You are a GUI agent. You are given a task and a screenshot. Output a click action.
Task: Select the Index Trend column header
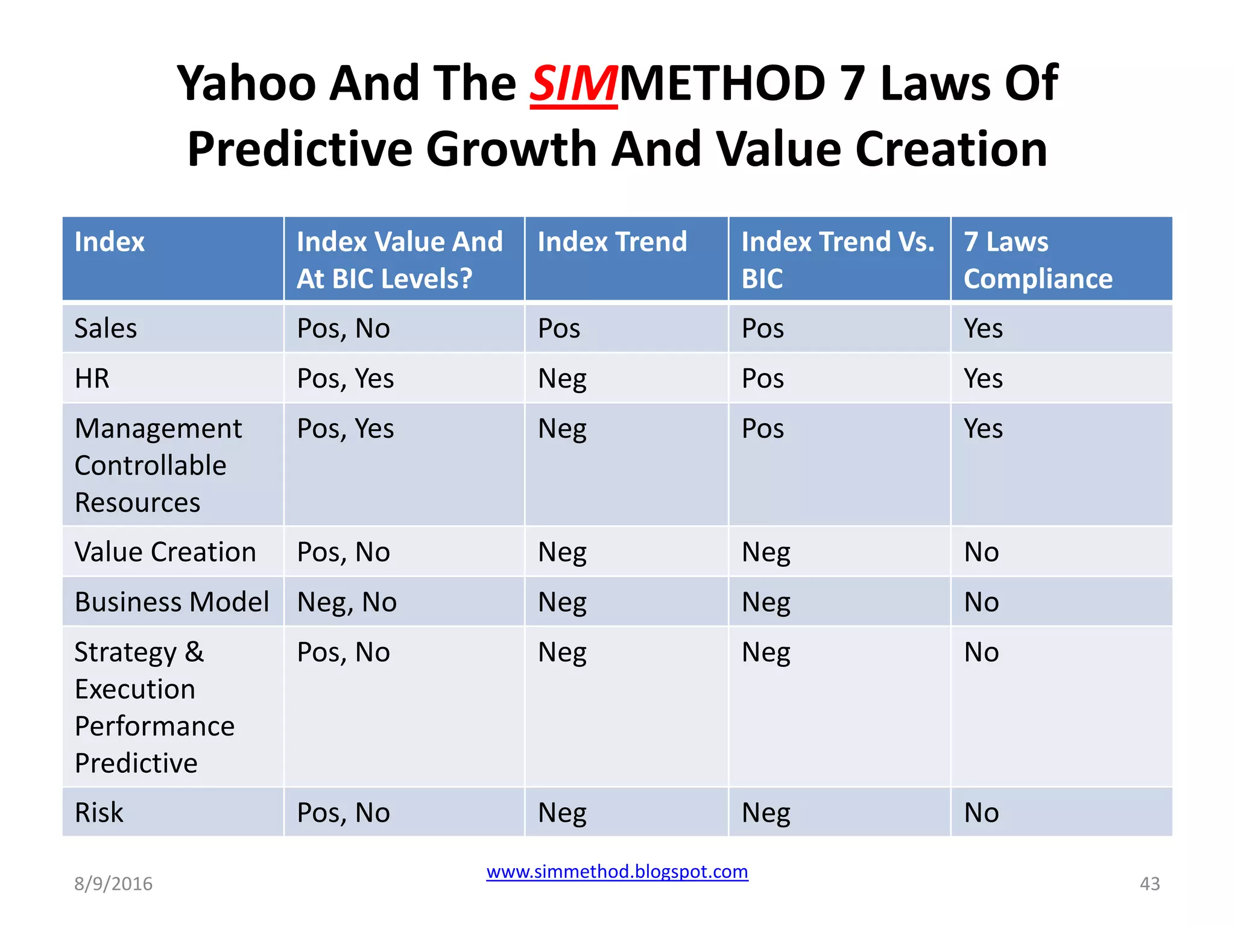[612, 242]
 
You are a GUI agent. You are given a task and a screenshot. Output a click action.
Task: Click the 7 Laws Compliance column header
[1038, 260]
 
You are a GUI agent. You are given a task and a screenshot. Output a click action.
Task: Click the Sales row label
[106, 329]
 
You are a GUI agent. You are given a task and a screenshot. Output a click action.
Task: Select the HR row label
[92, 379]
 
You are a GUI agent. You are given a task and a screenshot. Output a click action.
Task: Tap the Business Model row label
[172, 602]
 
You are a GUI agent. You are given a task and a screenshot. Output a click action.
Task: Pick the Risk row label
[99, 813]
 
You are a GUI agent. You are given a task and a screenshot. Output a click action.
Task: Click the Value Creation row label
[165, 552]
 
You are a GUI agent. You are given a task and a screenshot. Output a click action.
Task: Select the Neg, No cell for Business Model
[347, 602]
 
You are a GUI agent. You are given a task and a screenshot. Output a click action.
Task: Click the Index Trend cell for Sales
[559, 329]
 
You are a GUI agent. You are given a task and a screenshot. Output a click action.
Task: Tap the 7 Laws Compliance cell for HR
[983, 379]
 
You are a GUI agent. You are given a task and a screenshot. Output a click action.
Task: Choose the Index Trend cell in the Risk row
[562, 813]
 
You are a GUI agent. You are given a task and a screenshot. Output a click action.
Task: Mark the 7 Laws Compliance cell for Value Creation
[981, 552]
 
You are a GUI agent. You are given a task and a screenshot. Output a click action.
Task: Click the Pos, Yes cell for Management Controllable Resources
[345, 429]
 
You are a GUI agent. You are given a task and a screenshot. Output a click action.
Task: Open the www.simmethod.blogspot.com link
[617, 872]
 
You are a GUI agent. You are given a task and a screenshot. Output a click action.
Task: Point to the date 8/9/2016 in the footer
[113, 884]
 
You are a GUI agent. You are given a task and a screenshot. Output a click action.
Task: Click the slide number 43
[1149, 884]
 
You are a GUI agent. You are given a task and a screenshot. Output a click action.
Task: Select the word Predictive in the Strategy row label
[136, 763]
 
